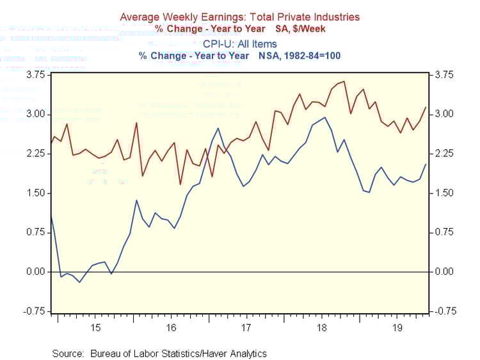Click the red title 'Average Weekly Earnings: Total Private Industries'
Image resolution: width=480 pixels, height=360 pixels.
(x=240, y=17)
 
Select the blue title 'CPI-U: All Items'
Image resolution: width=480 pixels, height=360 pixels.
(x=240, y=44)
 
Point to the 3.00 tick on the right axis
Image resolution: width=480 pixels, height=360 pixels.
(x=444, y=114)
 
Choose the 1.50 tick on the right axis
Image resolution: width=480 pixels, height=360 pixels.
(x=444, y=193)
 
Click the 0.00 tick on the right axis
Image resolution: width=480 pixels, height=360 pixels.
(x=444, y=272)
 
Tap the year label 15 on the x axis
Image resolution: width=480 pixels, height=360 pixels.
(x=95, y=327)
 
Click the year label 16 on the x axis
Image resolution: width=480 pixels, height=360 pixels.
(x=171, y=327)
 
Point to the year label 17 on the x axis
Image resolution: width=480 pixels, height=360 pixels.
(x=246, y=327)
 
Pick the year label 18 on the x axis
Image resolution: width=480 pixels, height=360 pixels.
(x=321, y=327)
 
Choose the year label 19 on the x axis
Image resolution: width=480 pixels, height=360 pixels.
(x=396, y=327)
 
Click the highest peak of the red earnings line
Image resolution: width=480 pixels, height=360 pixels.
(x=344, y=81)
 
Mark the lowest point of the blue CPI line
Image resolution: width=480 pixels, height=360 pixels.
(x=80, y=282)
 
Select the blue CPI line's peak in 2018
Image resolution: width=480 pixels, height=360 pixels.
(x=325, y=117)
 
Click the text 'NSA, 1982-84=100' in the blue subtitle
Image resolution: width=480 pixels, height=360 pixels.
(x=303, y=56)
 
